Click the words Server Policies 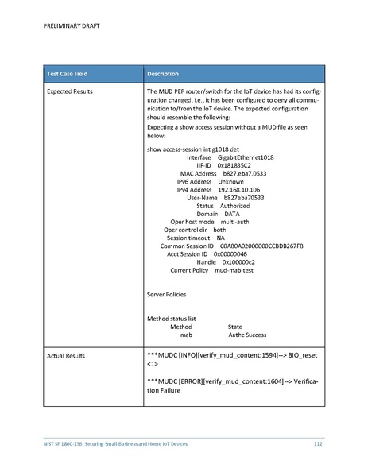coord(167,294)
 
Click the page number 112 coord(317,442)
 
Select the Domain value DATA coord(231,214)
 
